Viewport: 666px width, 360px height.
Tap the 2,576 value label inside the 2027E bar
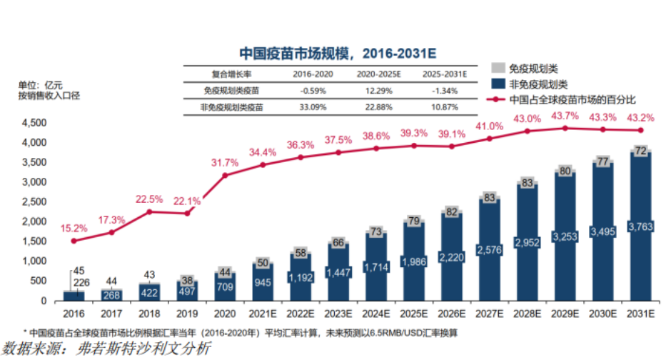(x=489, y=249)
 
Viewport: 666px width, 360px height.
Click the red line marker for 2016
(x=74, y=241)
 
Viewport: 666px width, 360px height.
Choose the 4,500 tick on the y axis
(x=34, y=123)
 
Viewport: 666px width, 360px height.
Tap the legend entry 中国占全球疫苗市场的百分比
(x=572, y=99)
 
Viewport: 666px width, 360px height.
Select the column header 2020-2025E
(x=378, y=74)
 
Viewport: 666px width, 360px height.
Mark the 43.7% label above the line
(x=565, y=116)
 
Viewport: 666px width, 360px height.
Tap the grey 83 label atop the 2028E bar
(x=527, y=183)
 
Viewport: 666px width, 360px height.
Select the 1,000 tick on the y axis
(x=34, y=261)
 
